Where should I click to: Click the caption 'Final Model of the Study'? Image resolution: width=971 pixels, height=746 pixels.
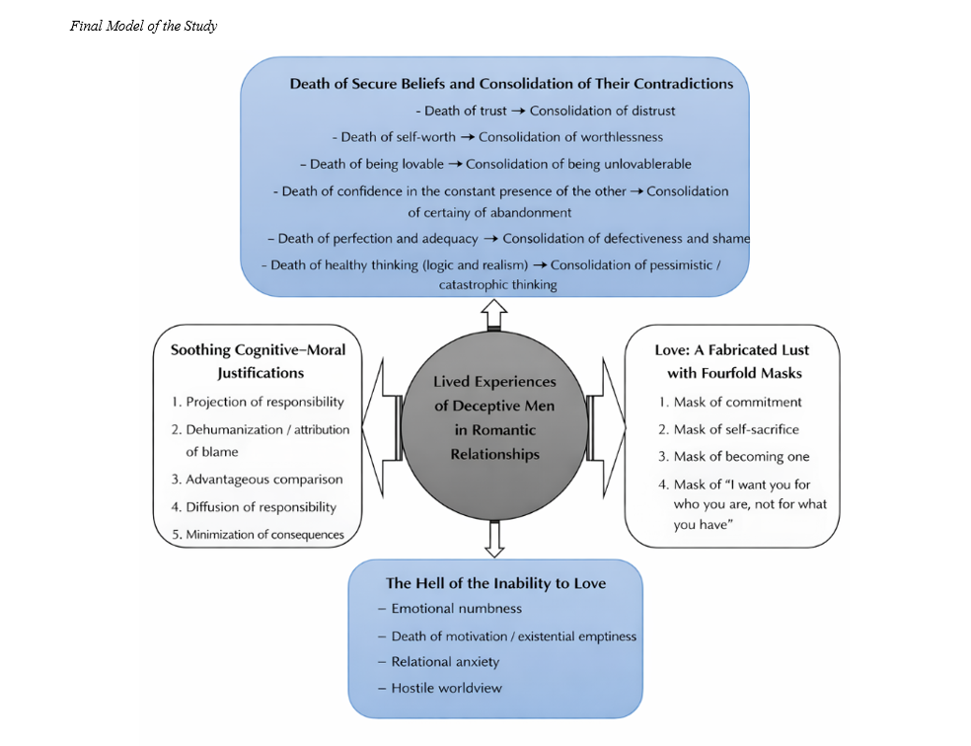tap(143, 26)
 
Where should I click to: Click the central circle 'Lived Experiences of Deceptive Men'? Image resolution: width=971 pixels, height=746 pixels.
tap(494, 417)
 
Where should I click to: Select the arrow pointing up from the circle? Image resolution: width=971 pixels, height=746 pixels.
tap(494, 315)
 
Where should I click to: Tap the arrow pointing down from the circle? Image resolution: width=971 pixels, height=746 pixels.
tap(494, 537)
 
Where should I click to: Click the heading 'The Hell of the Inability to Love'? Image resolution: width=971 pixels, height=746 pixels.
tap(495, 583)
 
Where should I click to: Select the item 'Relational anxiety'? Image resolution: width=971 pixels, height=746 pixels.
tap(445, 661)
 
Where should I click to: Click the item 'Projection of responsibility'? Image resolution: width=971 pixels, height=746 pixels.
tap(264, 402)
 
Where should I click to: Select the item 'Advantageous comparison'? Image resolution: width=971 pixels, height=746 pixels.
tap(263, 480)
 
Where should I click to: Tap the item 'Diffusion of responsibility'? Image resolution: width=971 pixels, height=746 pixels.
tap(261, 507)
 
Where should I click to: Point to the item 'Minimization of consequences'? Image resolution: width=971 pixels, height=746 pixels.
tap(264, 535)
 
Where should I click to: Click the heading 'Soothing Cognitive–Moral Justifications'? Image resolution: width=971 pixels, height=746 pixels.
tap(261, 361)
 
